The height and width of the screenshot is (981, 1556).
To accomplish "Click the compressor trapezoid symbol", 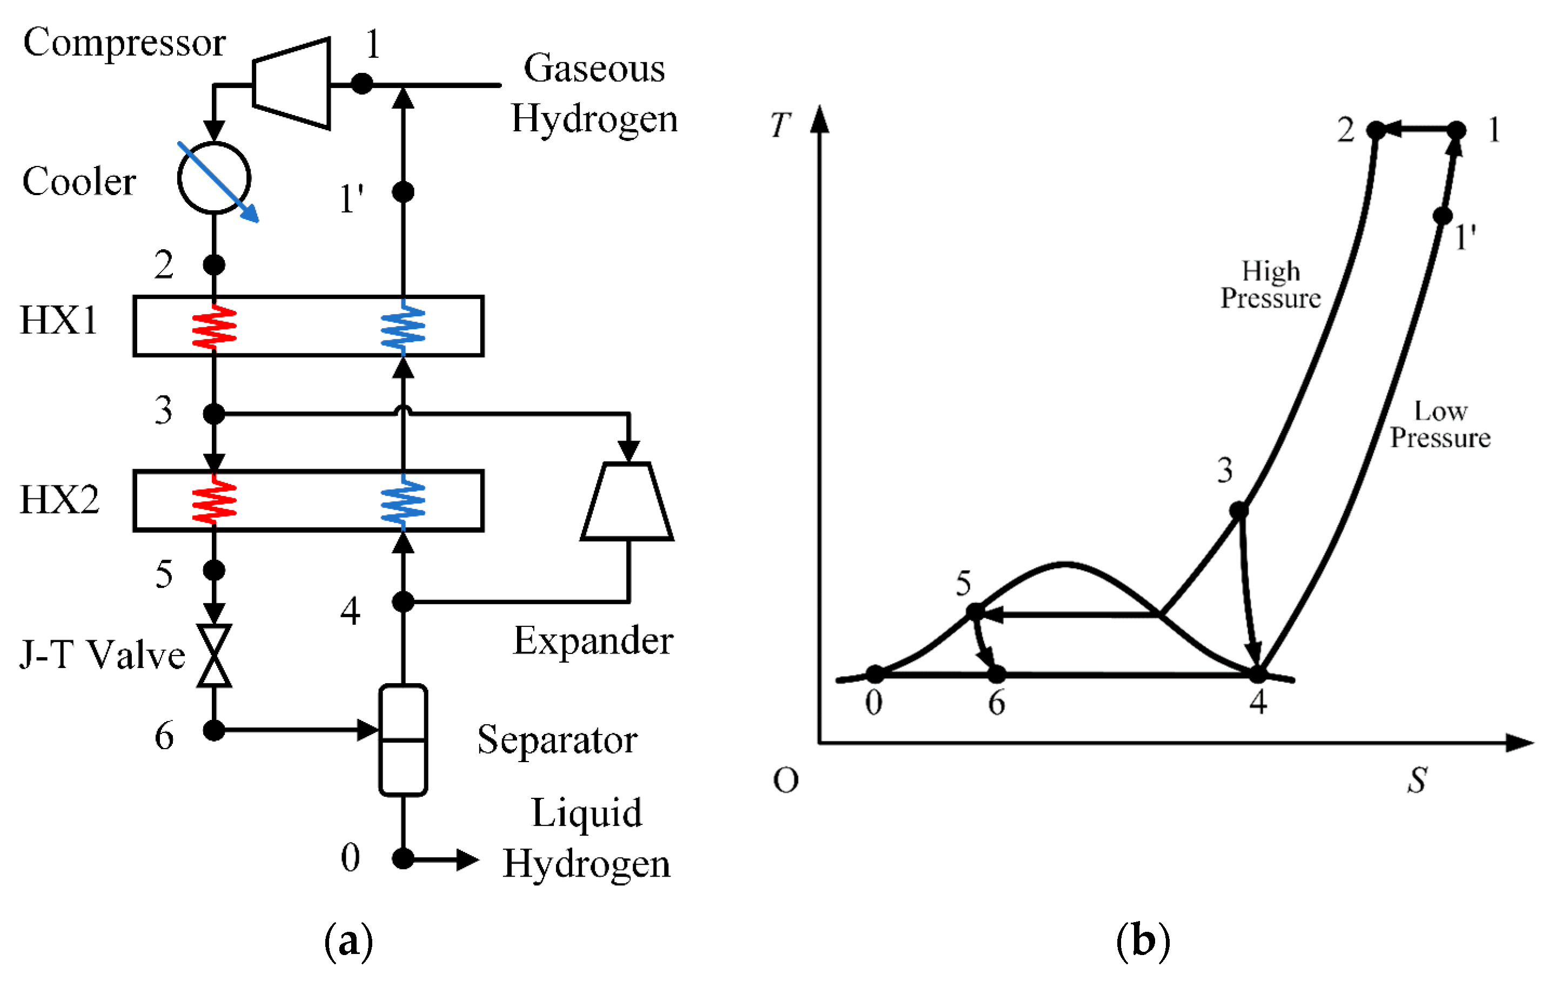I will (x=293, y=83).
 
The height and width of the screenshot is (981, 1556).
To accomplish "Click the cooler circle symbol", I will (x=214, y=178).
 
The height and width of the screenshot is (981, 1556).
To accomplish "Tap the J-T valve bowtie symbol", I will (x=214, y=655).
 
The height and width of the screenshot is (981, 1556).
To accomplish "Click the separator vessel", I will (x=403, y=740).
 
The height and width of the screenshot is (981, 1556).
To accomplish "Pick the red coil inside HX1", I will (x=214, y=326).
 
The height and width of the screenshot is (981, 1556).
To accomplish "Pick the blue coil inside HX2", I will (x=403, y=501).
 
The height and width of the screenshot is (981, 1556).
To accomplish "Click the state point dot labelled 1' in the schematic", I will (x=403, y=192).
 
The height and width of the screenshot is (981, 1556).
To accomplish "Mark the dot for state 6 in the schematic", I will (x=214, y=730).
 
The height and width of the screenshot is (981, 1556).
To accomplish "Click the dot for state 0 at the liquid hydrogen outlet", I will (x=403, y=859).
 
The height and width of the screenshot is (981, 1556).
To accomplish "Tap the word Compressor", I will (x=124, y=43).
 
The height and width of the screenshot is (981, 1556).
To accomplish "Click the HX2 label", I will (x=59, y=499).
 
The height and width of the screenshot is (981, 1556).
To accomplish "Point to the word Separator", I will (x=558, y=740).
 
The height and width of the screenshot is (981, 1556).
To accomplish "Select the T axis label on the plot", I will (x=781, y=125).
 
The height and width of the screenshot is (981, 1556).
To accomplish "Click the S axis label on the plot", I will (x=1417, y=780).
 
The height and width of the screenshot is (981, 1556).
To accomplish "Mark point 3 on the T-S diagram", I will (x=1239, y=511).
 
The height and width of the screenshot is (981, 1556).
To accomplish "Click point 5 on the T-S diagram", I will (x=975, y=611).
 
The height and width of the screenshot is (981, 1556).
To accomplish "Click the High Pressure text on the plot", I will (x=1270, y=284).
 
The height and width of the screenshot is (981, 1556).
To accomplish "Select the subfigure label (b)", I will (x=1143, y=941).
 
